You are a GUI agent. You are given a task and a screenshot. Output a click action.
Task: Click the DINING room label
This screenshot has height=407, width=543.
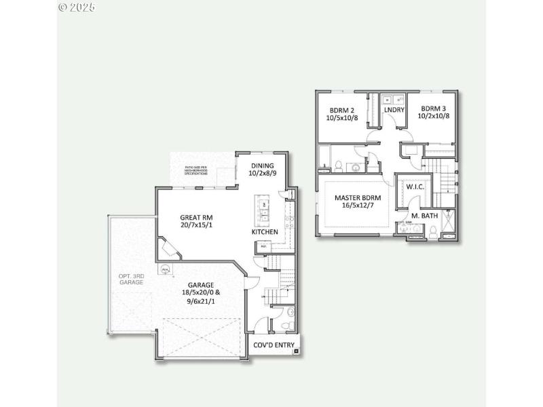pos(261,166)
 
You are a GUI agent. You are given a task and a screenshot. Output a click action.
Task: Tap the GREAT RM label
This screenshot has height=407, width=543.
pos(197,217)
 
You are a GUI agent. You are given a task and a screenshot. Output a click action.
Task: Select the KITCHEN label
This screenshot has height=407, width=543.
pos(265,232)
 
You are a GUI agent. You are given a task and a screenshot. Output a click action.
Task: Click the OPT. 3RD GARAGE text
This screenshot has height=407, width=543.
pos(130,279)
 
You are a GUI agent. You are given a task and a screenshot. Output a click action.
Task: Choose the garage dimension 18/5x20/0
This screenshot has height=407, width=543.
pos(197,292)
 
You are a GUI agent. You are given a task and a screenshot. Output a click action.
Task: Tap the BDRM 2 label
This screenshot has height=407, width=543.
pos(342,110)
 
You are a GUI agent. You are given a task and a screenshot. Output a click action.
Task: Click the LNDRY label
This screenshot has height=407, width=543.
pos(394,110)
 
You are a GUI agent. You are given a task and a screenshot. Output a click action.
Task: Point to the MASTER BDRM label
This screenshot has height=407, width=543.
pos(358,198)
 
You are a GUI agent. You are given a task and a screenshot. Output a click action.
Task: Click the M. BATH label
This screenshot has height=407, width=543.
pos(424,216)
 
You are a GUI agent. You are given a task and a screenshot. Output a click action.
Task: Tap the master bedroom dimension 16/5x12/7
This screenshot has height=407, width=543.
pos(358,207)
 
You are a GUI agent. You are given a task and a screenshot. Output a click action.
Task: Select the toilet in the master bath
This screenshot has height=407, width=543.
pos(432,232)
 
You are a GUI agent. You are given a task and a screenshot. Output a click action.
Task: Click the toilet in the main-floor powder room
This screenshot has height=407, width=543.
pos(291,313)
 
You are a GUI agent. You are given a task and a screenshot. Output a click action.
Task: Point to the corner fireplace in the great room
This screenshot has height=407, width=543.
pos(168,249)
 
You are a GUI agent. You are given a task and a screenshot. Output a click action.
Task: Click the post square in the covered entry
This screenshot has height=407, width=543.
pos(296,352)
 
